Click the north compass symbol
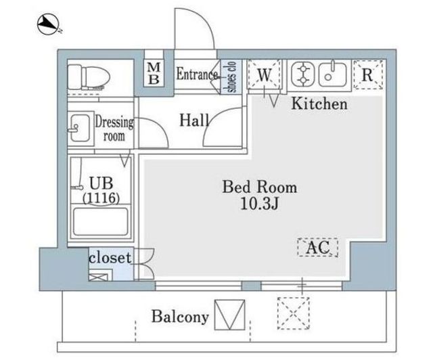[49, 24]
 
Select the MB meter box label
[154, 73]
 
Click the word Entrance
[197, 74]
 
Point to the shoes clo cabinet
[231, 77]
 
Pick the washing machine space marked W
[265, 74]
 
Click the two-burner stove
[302, 74]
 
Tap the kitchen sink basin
[332, 74]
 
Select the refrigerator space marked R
[368, 74]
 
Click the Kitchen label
[319, 104]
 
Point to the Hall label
[194, 120]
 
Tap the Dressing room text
[114, 129]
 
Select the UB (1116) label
[101, 190]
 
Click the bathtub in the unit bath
[101, 222]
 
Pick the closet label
[110, 258]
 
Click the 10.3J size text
[259, 204]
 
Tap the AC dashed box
[318, 247]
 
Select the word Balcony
[180, 317]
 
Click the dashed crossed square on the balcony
[293, 313]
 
